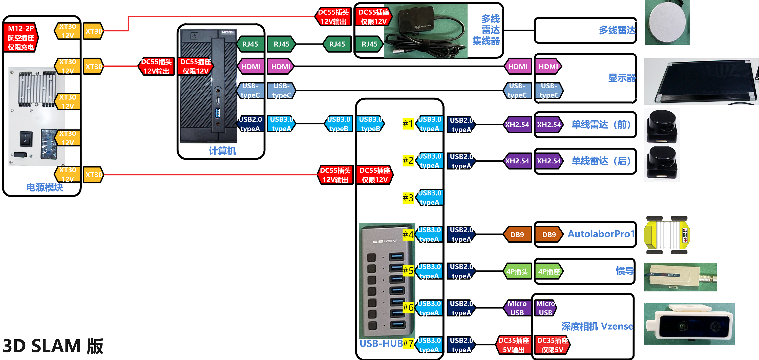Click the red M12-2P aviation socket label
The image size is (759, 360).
[x=21, y=37]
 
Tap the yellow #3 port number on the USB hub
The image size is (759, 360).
[x=408, y=198]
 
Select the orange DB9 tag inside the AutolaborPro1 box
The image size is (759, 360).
[x=549, y=235]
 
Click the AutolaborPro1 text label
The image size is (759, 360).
[x=601, y=234]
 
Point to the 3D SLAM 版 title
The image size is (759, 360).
[x=53, y=346]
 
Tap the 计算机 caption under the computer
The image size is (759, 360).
[x=222, y=151]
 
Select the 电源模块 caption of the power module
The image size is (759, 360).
[x=45, y=187]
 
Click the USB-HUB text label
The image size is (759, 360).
[x=381, y=344]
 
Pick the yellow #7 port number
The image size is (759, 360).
[x=408, y=343]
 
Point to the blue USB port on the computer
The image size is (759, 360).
[x=217, y=113]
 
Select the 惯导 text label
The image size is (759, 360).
[x=625, y=271]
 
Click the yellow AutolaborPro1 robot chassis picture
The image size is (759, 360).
[x=667, y=235]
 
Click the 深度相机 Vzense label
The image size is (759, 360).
[x=597, y=326]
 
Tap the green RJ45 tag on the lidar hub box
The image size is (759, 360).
[x=369, y=44]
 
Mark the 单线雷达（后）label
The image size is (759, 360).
[x=601, y=161]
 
